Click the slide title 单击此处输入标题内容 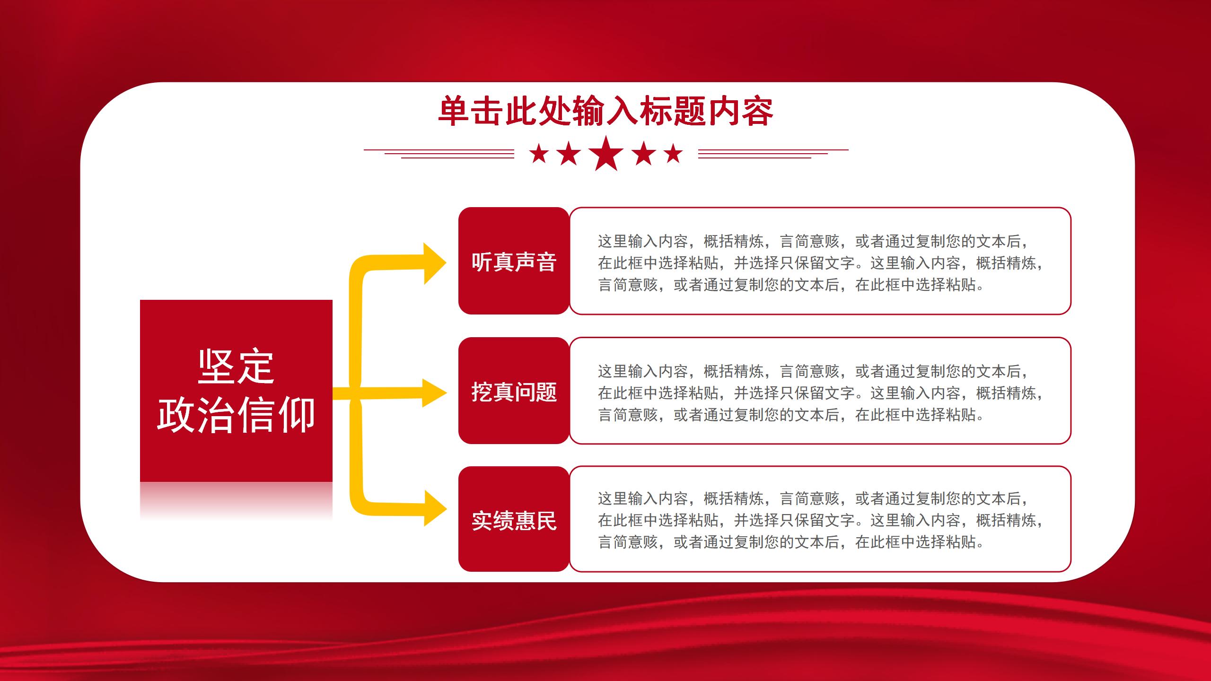point(605,112)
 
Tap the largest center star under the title point(606,153)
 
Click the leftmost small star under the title point(539,154)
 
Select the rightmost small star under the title point(673,154)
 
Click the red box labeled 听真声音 point(514,261)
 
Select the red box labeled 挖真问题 point(514,391)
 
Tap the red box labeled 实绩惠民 point(514,519)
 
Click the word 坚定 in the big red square point(236,367)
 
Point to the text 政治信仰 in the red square point(236,415)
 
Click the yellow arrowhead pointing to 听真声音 point(434,263)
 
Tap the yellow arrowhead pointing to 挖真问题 point(434,393)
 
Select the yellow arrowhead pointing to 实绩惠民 point(434,508)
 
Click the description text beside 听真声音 point(820,263)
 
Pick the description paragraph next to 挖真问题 point(820,393)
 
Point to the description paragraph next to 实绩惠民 point(820,520)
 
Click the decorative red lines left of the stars point(439,154)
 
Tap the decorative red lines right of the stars point(773,154)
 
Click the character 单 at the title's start point(454,112)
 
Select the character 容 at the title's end point(757,112)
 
